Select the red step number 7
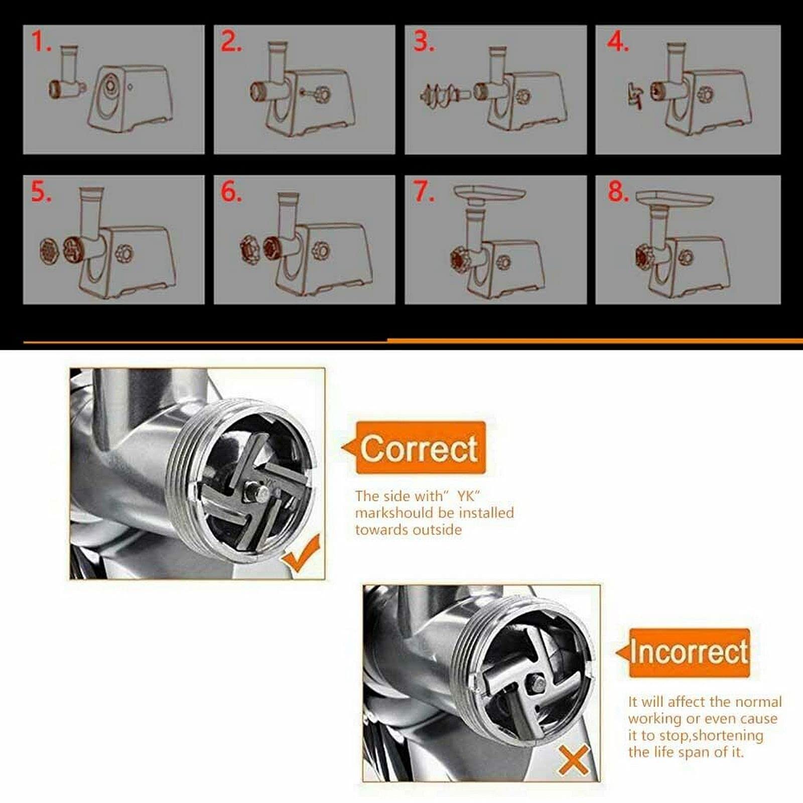[424, 191]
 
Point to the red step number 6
[231, 191]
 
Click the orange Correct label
[419, 448]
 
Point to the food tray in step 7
[489, 193]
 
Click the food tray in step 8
[674, 199]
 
